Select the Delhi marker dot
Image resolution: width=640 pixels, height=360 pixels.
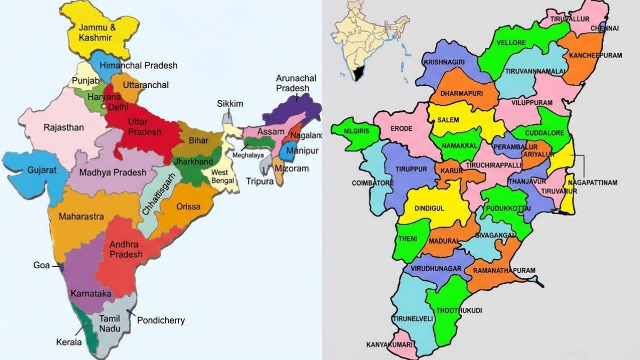(x=105, y=107)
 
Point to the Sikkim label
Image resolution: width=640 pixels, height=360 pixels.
(x=230, y=103)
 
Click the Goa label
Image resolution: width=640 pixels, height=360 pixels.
(x=42, y=265)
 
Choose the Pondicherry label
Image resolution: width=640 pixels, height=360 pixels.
(x=161, y=321)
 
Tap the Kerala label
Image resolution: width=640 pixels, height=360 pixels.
(x=69, y=342)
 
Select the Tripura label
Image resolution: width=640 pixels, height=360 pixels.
(x=260, y=181)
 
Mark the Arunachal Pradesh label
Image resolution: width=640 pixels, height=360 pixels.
(x=296, y=83)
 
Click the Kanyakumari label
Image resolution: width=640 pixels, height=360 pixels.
(x=389, y=345)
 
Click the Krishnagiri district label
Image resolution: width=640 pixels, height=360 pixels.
(x=444, y=62)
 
